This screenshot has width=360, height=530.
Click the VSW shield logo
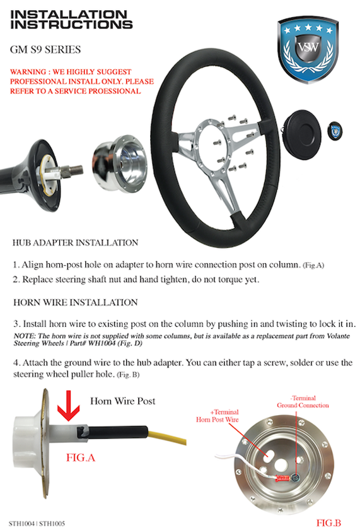pos(308,50)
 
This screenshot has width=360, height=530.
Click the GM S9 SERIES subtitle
pos(45,50)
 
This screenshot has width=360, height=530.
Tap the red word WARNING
pos(28,72)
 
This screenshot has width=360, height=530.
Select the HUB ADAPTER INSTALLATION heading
pos(75,243)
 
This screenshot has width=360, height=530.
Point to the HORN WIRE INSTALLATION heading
pos(75,302)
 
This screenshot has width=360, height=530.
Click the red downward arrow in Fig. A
pos(69,406)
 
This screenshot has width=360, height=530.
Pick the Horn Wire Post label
pos(122,401)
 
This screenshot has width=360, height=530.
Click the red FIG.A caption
pos(81,457)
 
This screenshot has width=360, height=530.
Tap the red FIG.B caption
pos(328,522)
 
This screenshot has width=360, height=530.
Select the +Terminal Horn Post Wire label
pos(218,416)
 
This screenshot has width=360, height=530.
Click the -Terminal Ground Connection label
pos(303,401)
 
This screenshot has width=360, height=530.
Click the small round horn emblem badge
pos(335,131)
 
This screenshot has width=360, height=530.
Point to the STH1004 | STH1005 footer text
pos(37,524)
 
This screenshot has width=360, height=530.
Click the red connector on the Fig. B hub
pos(282,478)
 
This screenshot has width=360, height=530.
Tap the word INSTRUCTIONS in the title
pos(71,25)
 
